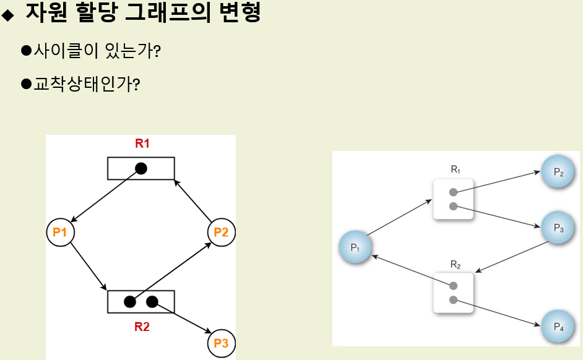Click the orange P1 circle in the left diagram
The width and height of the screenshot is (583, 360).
click(60, 233)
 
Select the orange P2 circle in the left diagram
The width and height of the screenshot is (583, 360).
click(221, 233)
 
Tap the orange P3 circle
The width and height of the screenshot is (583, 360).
click(221, 343)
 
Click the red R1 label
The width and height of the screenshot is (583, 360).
click(142, 144)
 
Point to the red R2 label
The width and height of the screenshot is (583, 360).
click(142, 327)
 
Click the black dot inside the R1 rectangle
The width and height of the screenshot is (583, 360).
click(141, 168)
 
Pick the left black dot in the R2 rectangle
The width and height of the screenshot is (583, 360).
click(130, 302)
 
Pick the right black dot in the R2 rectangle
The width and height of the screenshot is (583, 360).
click(152, 302)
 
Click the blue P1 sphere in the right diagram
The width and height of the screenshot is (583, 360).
click(355, 247)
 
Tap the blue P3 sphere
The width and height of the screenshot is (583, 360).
click(557, 228)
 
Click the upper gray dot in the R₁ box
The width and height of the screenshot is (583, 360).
click(453, 192)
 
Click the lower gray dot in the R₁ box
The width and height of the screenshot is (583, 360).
click(453, 206)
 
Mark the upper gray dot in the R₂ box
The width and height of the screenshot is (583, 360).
click(453, 286)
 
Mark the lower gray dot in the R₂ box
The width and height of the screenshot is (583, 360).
click(453, 300)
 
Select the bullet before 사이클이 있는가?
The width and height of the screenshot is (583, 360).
click(26, 50)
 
